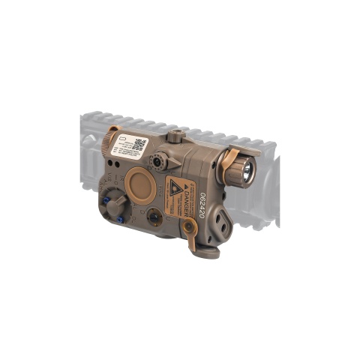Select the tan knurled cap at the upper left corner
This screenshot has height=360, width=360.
[x=112, y=135]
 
